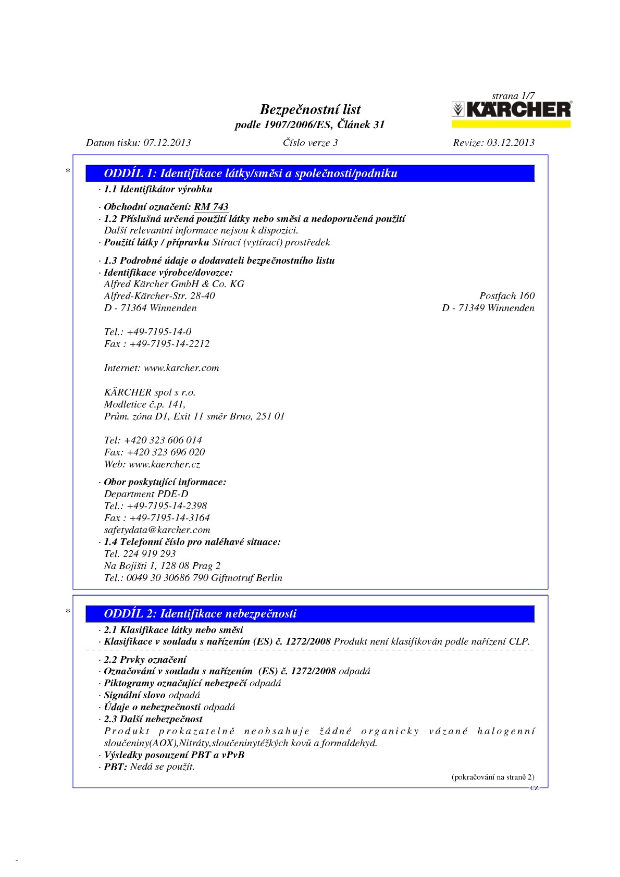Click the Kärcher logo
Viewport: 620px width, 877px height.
pos(511,109)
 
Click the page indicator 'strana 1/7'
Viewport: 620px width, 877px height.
pos(513,96)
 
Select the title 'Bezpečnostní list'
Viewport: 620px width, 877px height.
pos(310,109)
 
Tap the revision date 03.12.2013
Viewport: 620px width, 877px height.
pos(511,143)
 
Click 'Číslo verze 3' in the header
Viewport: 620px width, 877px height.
pos(310,143)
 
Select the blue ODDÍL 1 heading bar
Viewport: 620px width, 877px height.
pos(310,174)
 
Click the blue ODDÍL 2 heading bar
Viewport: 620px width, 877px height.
pos(310,613)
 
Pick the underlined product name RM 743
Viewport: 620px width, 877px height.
pos(211,207)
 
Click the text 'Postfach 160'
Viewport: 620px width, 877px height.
pos(507,296)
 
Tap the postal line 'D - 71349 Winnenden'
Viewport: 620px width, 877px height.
pos(488,308)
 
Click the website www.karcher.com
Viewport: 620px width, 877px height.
pos(181,368)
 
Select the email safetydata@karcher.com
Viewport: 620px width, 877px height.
pos(157,530)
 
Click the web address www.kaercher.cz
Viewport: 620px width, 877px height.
pos(165,464)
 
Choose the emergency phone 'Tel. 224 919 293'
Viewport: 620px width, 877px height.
pos(140,554)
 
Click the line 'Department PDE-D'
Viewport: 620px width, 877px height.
pos(146,494)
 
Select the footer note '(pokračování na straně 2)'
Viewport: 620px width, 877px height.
pos(492,777)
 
